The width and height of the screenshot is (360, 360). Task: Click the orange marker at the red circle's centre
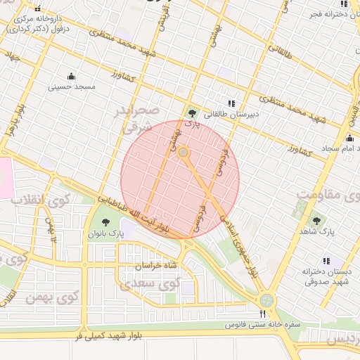(183, 152)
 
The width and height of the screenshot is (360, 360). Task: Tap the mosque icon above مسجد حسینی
(70, 76)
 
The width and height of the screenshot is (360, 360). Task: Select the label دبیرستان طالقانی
(231, 113)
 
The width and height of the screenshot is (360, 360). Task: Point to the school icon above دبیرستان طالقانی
(232, 103)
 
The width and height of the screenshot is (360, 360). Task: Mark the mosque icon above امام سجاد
(349, 138)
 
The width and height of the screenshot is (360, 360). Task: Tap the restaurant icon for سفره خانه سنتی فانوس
(264, 314)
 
